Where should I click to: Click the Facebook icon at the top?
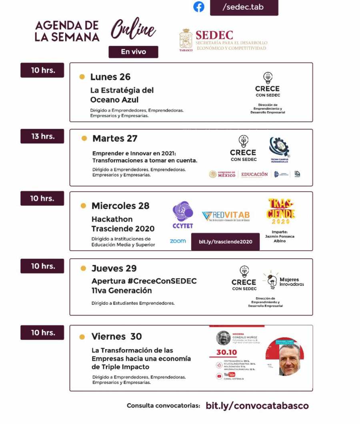199,7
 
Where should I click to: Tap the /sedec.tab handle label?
244,7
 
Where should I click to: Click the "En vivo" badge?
133,52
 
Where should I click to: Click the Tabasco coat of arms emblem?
186,39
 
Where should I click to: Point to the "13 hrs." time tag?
42,136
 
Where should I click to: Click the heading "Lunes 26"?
110,77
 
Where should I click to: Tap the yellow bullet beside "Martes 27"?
84,139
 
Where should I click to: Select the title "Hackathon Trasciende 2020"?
123,224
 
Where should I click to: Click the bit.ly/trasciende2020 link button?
225,242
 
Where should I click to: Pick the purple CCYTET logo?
182,214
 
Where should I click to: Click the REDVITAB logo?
226,217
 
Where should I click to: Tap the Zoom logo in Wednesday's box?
178,241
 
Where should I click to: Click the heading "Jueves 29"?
114,268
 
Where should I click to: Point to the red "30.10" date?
227,352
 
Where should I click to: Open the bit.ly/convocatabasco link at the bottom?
257,406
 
